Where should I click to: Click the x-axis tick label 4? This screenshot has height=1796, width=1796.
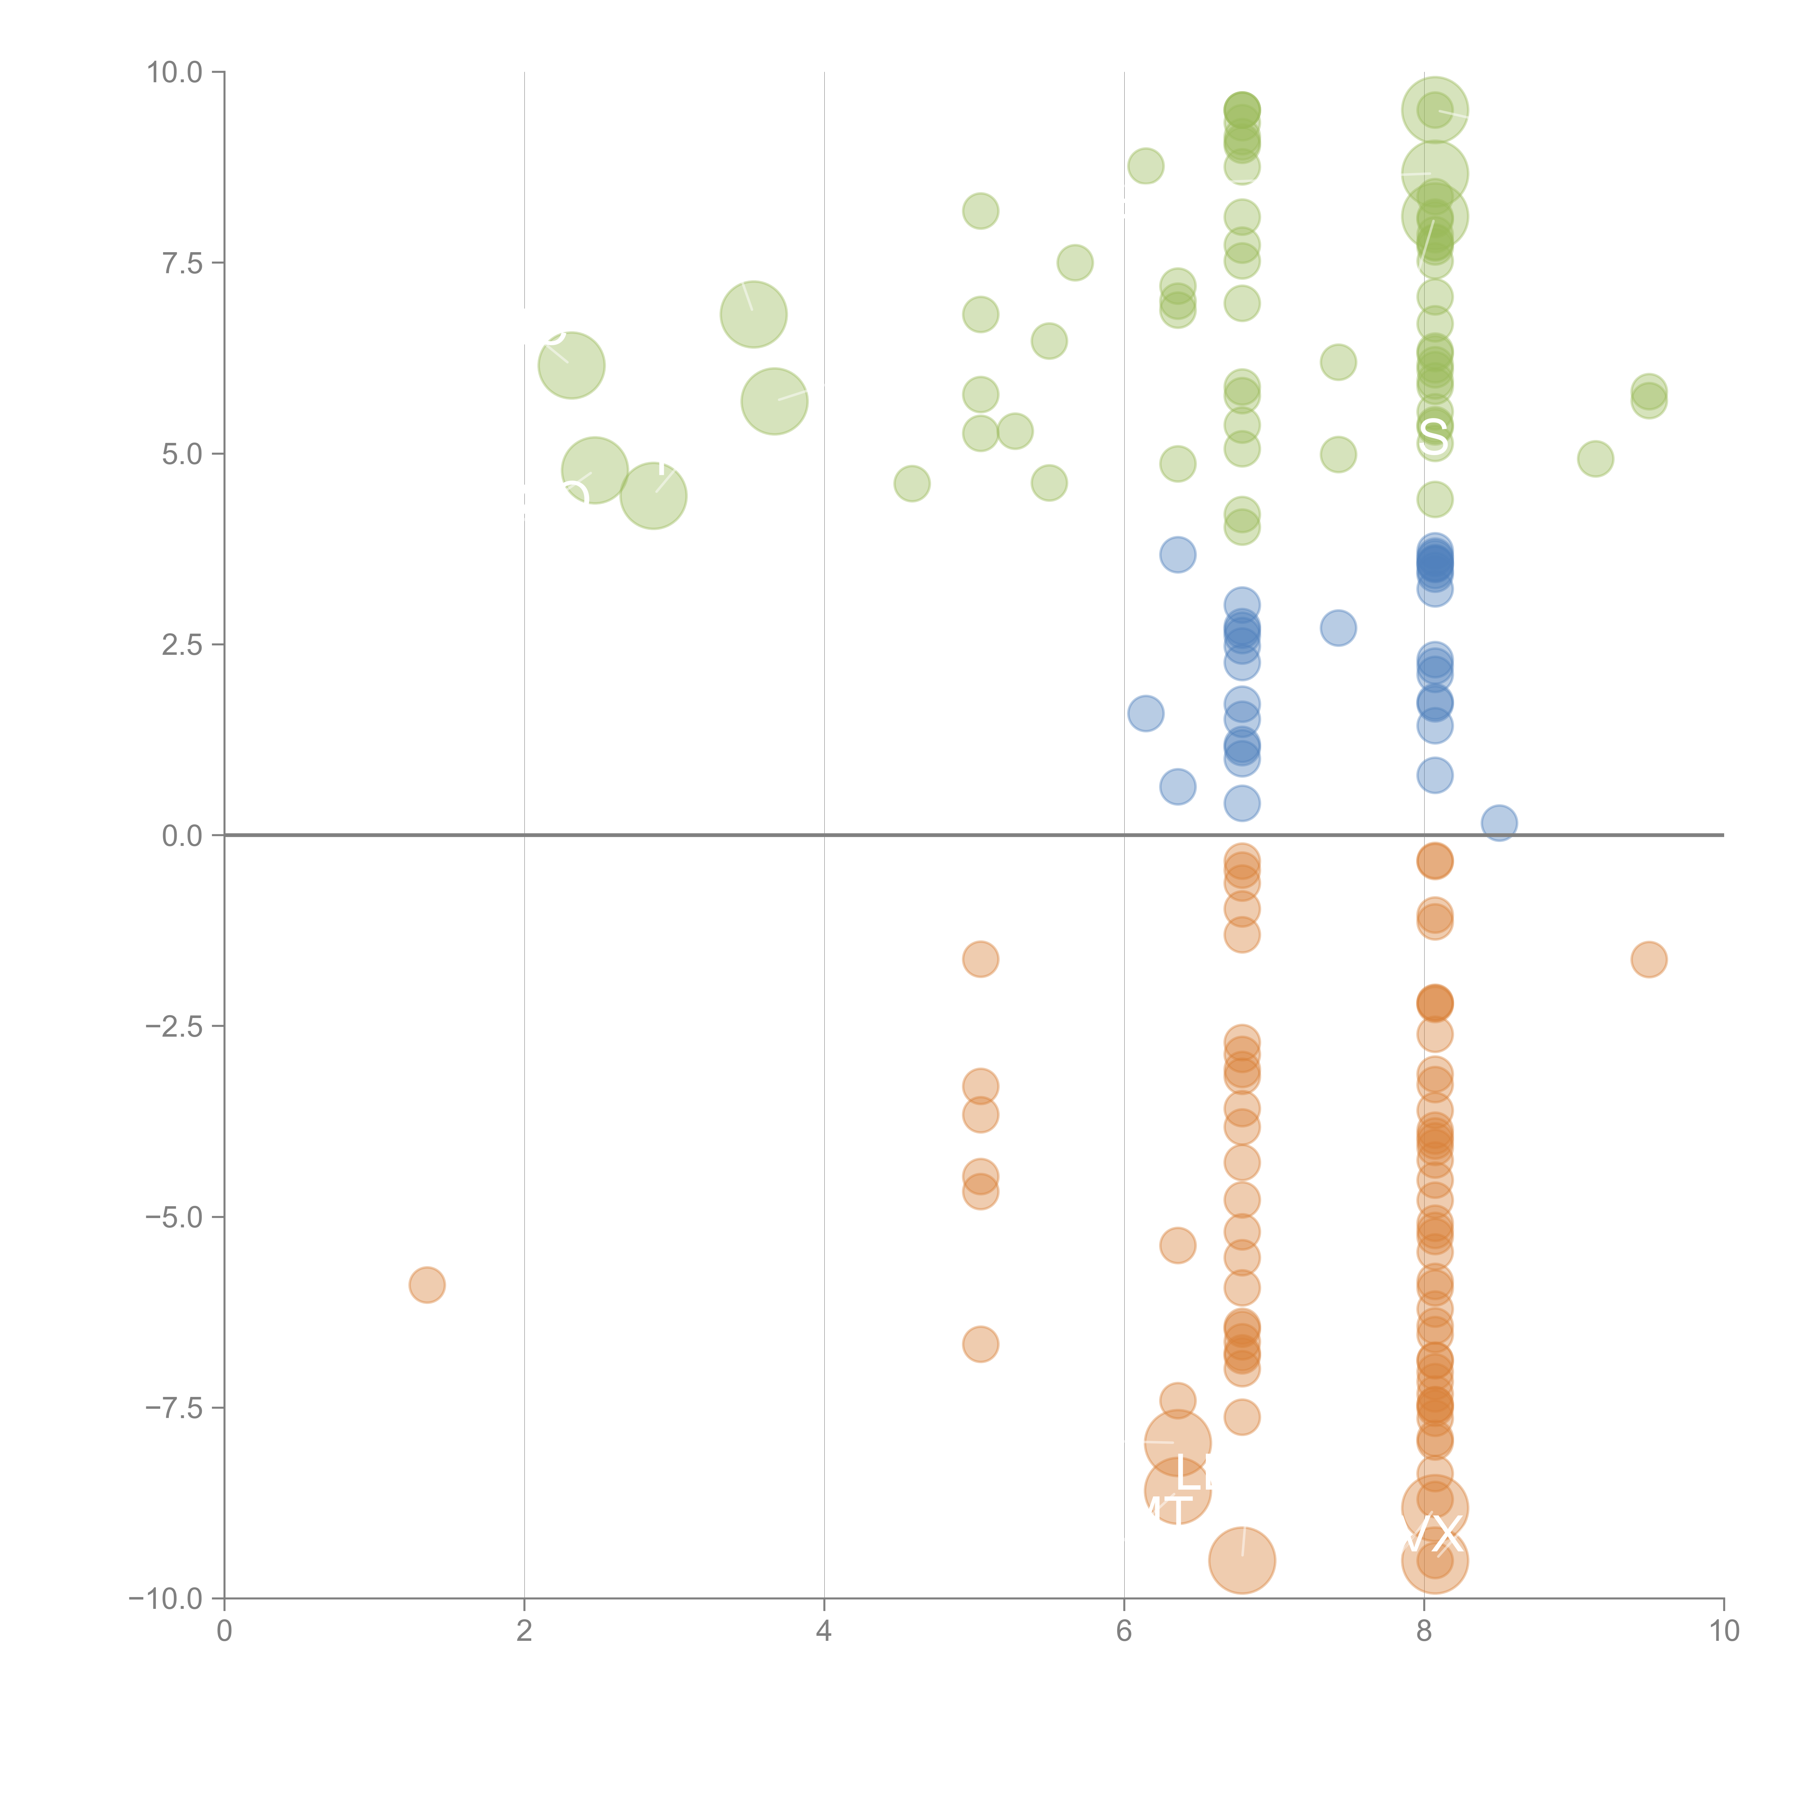tap(824, 1630)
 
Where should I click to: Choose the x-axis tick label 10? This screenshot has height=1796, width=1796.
tap(1723, 1630)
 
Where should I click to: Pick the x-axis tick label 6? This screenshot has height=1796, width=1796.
tap(1124, 1630)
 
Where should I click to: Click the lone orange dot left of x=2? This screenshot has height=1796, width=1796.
tap(427, 1285)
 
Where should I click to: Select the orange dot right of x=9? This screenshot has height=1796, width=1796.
tap(1648, 959)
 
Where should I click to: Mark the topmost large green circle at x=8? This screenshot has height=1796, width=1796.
tap(1434, 111)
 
